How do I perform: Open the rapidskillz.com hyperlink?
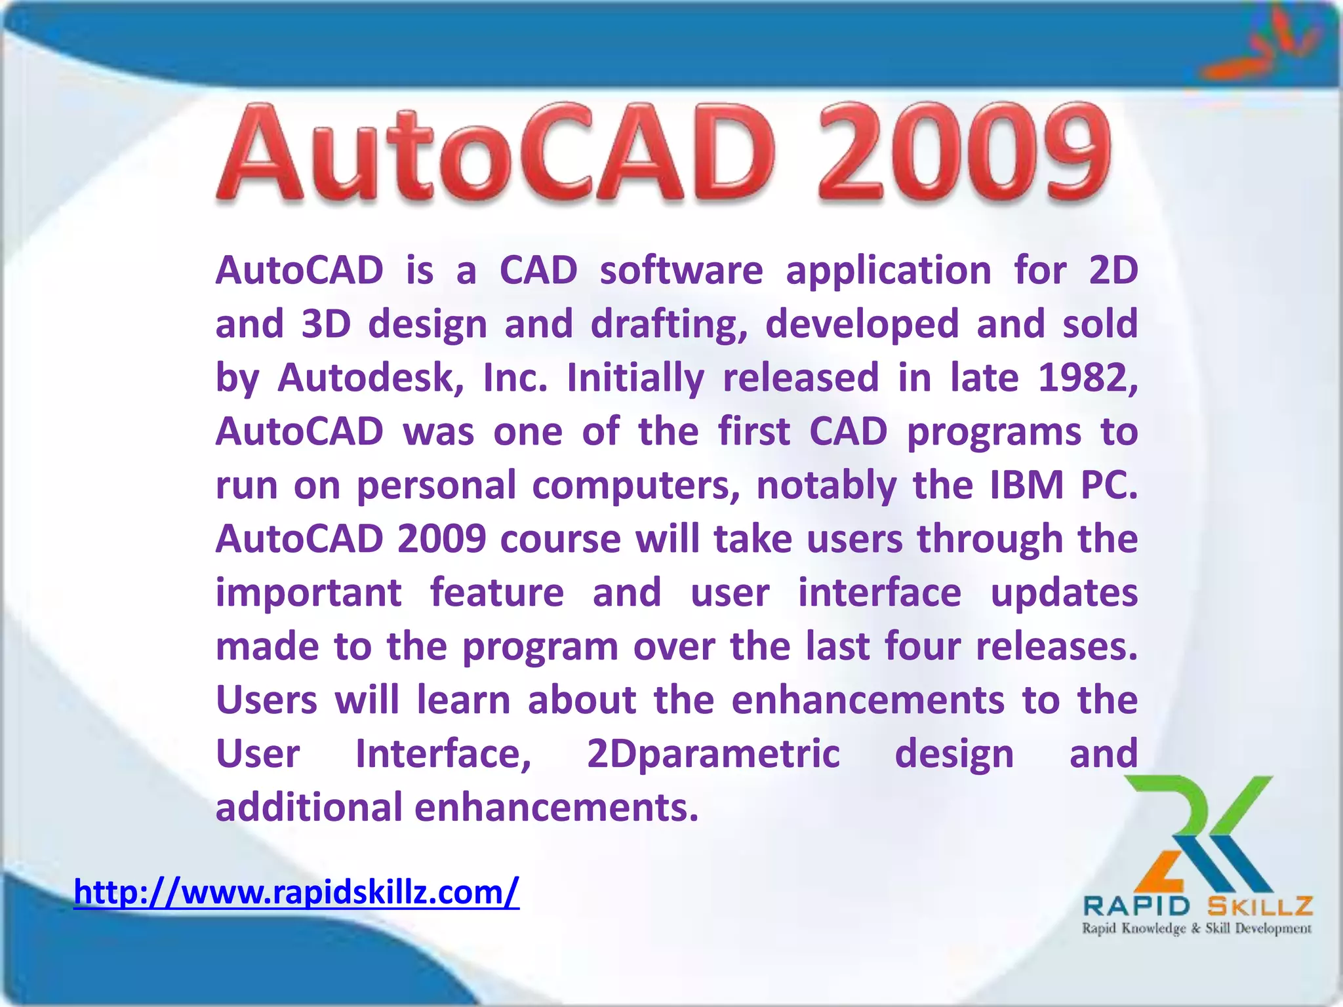(x=296, y=892)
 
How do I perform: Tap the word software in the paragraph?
(x=681, y=270)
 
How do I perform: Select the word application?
(x=889, y=271)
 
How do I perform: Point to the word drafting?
(x=669, y=325)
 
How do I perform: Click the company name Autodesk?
(x=371, y=378)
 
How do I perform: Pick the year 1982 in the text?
(x=1087, y=378)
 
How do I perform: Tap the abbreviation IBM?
(x=1026, y=485)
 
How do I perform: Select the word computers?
(x=635, y=486)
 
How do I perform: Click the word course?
(x=560, y=540)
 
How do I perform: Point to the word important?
(x=308, y=594)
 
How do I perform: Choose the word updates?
(x=1064, y=594)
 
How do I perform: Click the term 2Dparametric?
(x=713, y=754)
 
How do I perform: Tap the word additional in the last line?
(x=308, y=807)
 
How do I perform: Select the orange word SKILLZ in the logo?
(x=1260, y=906)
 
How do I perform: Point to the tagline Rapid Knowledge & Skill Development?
(x=1196, y=928)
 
